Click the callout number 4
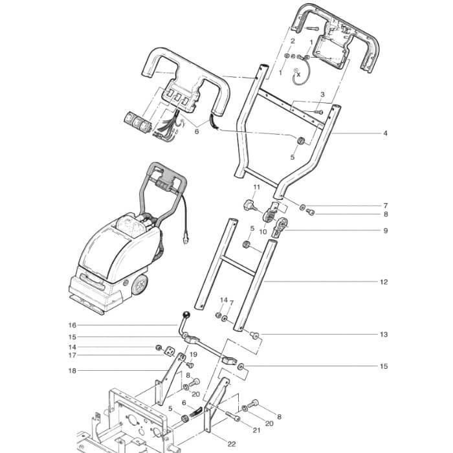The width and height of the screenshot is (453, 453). [385, 133]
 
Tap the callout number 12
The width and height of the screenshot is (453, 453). [384, 282]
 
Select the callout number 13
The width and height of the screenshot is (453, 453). [384, 335]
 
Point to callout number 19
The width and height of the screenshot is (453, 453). [193, 355]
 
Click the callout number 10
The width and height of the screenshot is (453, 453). [263, 231]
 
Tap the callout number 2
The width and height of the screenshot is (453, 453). [293, 41]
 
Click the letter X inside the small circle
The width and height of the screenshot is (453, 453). [298, 74]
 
